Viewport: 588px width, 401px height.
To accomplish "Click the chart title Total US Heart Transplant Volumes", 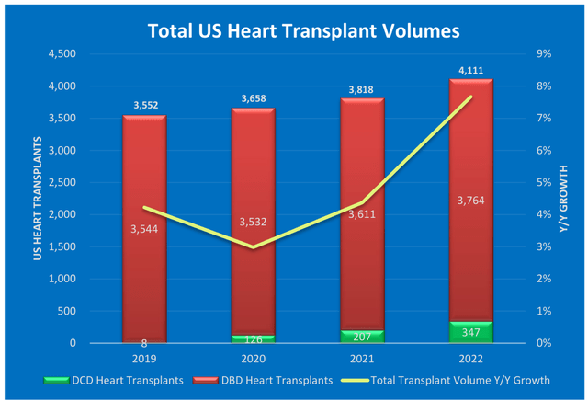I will point(303,30).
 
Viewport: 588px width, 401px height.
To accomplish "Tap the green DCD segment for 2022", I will point(470,332).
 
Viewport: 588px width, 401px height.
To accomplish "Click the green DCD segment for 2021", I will point(362,337).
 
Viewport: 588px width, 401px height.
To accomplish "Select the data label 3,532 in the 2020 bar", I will point(253,222).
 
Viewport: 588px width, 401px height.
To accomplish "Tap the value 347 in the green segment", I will point(470,328).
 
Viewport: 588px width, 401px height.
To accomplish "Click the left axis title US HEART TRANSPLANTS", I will point(38,199).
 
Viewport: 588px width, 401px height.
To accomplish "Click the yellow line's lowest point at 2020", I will point(253,247).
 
